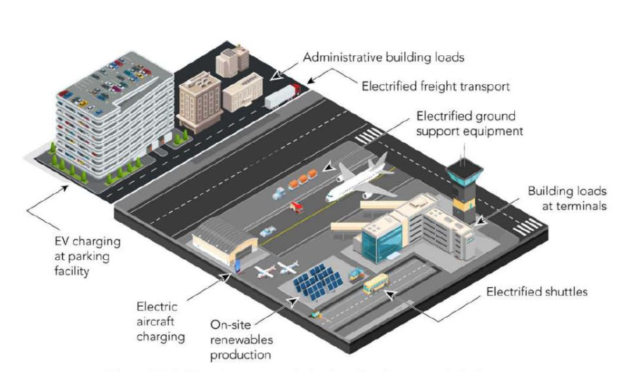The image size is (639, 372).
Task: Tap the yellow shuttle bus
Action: (375, 284)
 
